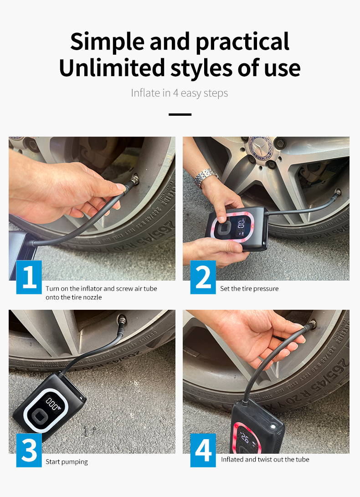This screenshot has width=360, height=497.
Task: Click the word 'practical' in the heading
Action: click(242, 42)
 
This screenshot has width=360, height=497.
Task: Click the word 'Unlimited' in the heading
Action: click(112, 67)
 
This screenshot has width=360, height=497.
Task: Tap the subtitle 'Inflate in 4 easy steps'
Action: click(180, 93)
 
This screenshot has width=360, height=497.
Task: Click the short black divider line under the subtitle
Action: click(180, 114)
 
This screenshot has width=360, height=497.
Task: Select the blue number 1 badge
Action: click(29, 277)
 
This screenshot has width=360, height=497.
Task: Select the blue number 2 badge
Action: click(203, 277)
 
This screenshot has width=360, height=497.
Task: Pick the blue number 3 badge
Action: click(29, 450)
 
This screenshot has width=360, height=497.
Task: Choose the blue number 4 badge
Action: click(203, 450)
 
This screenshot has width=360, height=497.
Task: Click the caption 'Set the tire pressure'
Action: click(249, 289)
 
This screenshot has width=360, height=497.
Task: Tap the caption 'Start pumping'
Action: click(67, 462)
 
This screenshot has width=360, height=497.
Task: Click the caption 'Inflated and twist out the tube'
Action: click(265, 460)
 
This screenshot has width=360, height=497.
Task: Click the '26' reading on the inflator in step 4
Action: click(245, 438)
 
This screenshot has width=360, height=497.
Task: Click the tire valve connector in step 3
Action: click(122, 321)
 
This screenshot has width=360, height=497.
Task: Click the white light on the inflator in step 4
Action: click(272, 427)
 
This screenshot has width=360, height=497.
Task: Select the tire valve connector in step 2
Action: click(337, 194)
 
